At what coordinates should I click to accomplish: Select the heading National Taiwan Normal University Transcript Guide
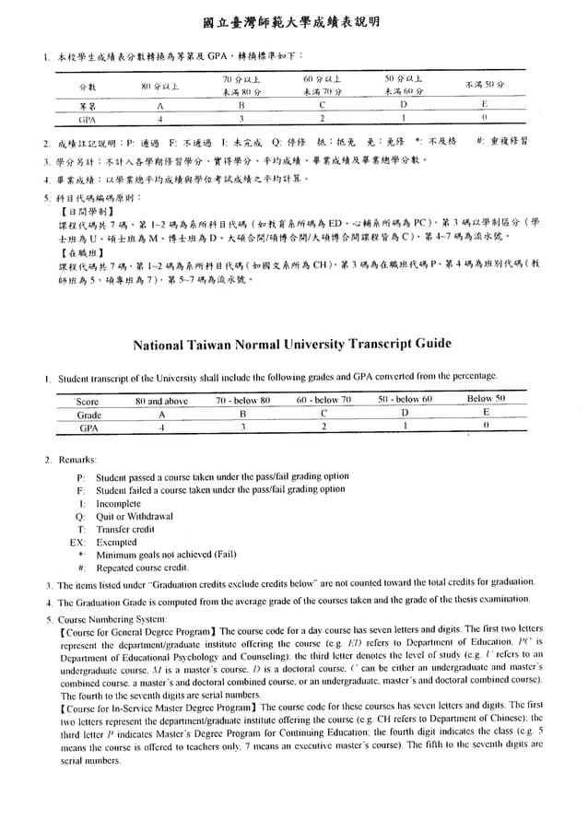tap(293, 345)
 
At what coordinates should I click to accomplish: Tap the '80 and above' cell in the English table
tap(161, 401)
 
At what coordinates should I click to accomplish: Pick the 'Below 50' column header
tap(486, 399)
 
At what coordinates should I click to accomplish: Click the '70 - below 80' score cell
tap(242, 401)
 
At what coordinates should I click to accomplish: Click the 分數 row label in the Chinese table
tap(88, 87)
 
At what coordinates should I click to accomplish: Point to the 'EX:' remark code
tap(77, 543)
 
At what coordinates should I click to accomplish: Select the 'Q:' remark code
tap(81, 516)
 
